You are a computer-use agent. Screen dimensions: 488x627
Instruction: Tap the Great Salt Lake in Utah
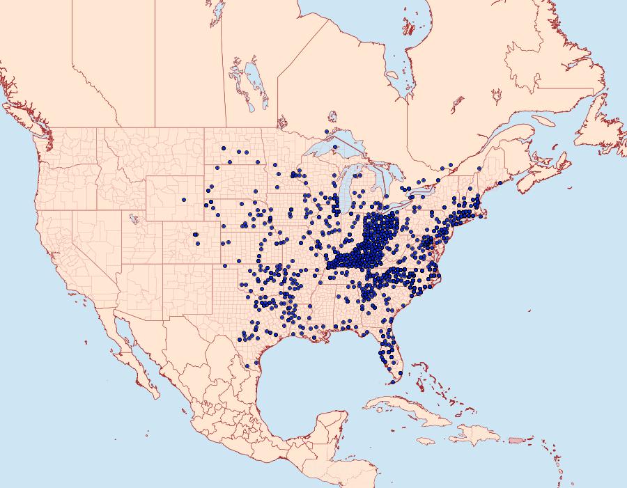(x=131, y=217)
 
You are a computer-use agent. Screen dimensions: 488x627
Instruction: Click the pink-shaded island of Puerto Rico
(x=515, y=440)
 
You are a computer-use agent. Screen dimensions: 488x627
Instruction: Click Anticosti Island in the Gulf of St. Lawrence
(x=541, y=120)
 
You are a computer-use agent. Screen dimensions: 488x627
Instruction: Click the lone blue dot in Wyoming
(x=184, y=200)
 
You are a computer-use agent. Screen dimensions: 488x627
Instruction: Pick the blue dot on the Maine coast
(x=500, y=183)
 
